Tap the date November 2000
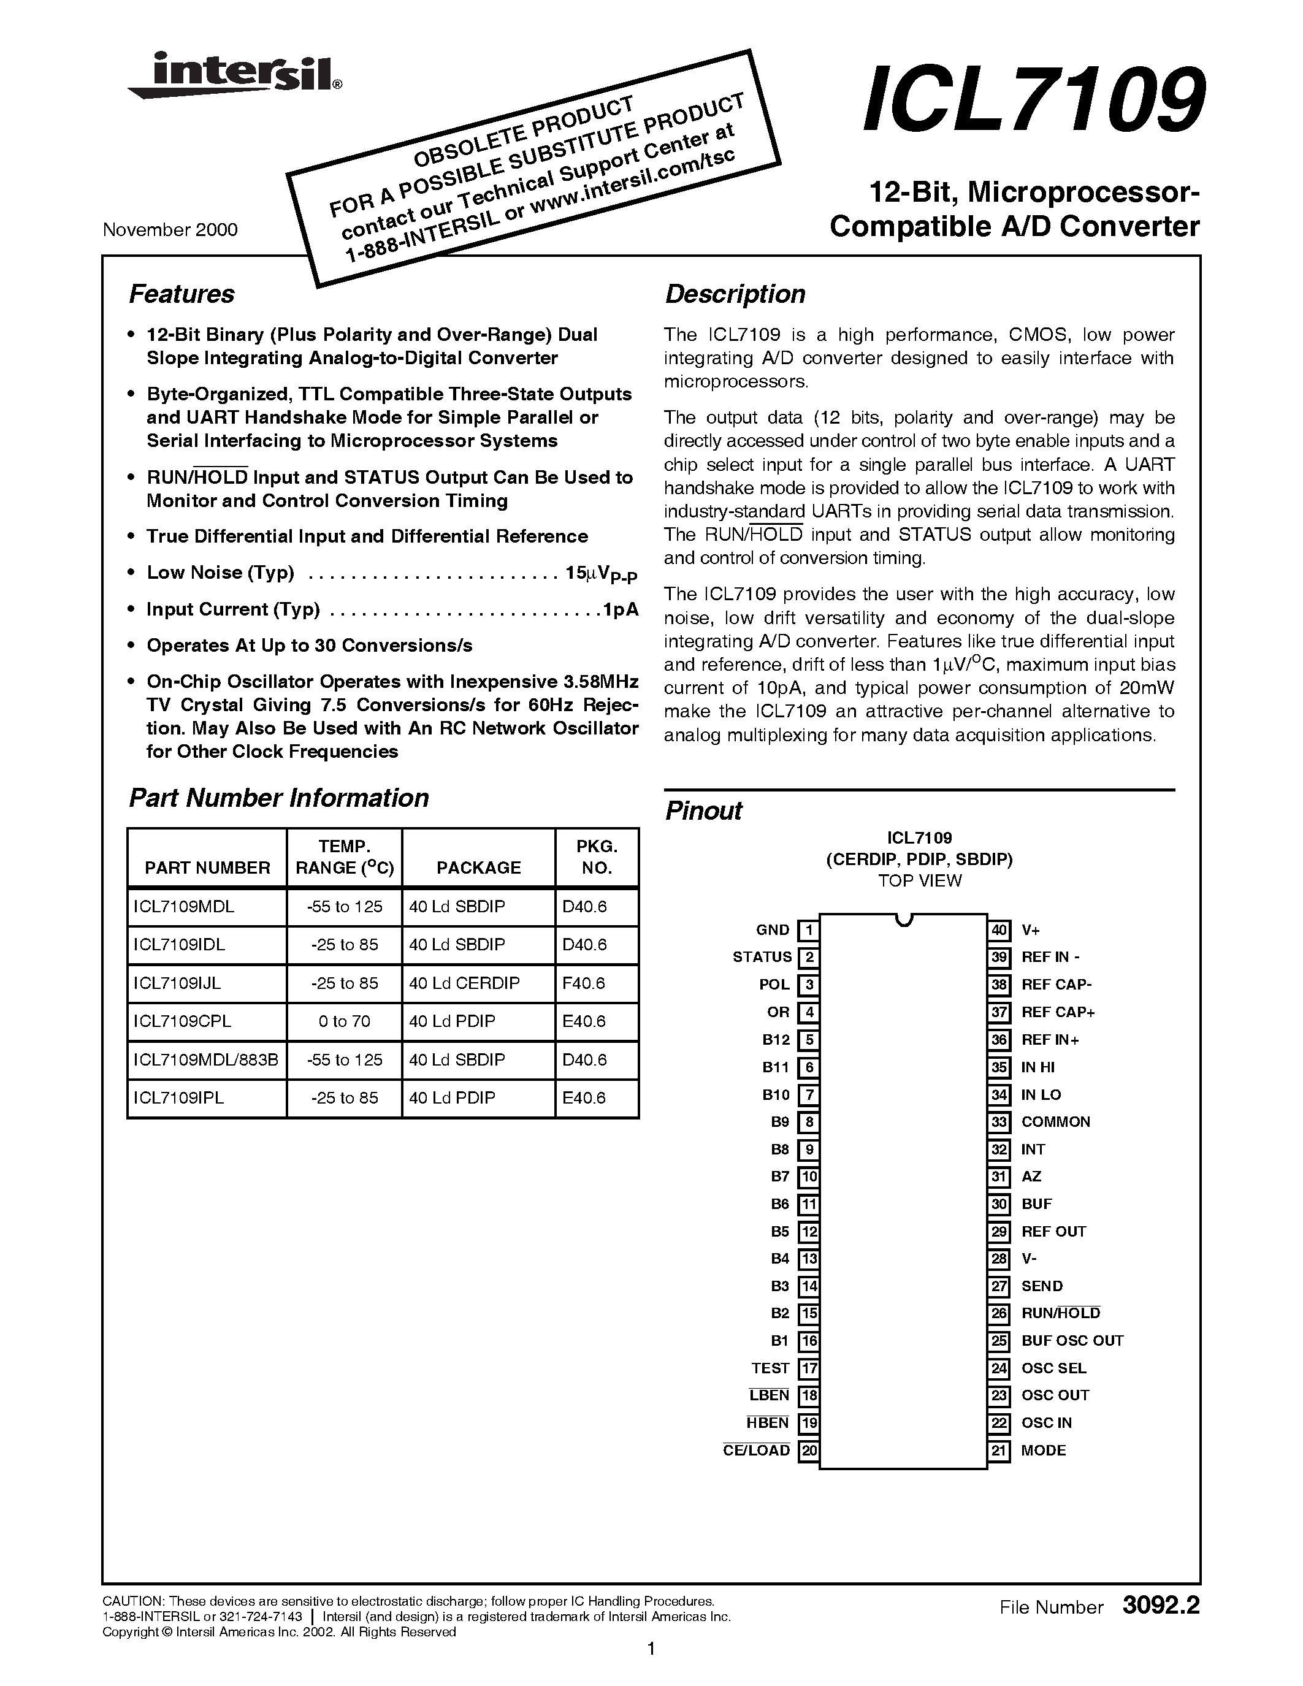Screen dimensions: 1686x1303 click(x=170, y=229)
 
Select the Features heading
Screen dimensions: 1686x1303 click(x=182, y=294)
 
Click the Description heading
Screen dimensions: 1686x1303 click(x=735, y=294)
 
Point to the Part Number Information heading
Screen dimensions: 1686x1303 click(x=278, y=798)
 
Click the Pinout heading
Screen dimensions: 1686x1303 click(x=703, y=811)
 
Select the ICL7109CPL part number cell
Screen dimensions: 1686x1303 click(x=182, y=1021)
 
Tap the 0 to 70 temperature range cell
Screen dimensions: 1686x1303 click(x=344, y=1021)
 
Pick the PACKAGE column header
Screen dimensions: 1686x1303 click(x=479, y=868)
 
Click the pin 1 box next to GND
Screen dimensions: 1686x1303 click(x=808, y=930)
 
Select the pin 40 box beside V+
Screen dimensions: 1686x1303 click(x=999, y=930)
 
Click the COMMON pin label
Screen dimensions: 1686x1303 click(x=1055, y=1122)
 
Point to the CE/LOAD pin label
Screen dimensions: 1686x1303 click(x=757, y=1451)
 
